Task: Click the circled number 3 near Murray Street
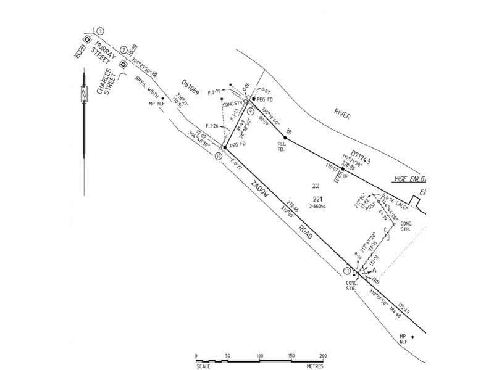[x=100, y=31]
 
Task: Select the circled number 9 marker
[x=250, y=112]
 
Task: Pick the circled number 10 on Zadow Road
[x=217, y=157]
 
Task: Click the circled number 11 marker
[x=347, y=271]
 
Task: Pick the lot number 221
[x=317, y=199]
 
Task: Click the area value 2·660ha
[x=318, y=207]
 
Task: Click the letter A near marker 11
[x=373, y=269]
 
